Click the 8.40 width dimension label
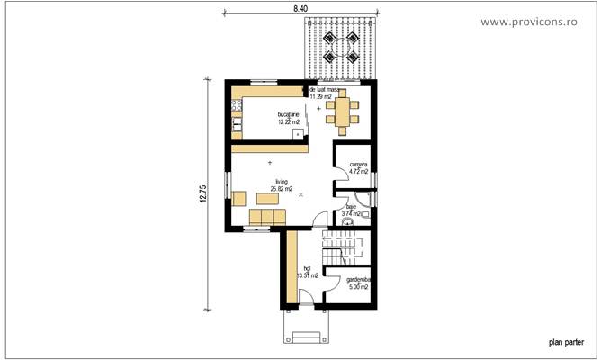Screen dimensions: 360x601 (x=299, y=8)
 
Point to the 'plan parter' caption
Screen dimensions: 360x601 (x=566, y=342)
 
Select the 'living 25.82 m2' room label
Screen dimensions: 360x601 (x=270, y=185)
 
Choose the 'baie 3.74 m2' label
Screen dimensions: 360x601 (x=351, y=210)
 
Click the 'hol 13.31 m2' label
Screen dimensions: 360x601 (x=307, y=272)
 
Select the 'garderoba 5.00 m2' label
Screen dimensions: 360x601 (x=359, y=283)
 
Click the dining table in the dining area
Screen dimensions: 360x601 (x=342, y=112)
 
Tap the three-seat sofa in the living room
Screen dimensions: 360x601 (x=267, y=218)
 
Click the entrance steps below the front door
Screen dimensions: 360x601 (x=306, y=338)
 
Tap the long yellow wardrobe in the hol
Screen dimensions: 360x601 (x=292, y=266)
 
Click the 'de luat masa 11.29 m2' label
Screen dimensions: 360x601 (x=326, y=94)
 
